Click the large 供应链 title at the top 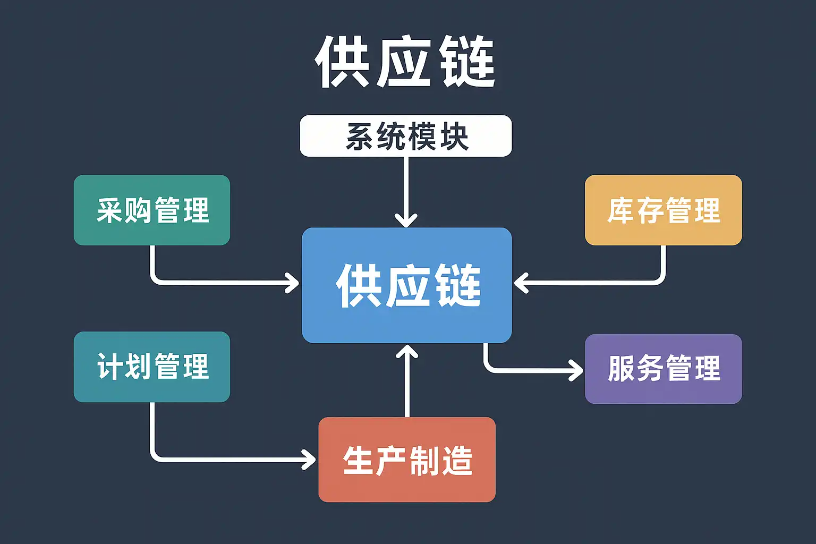point(405,62)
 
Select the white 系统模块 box point(406,136)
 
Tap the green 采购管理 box point(152,210)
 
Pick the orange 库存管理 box point(663,210)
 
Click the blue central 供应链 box point(406,285)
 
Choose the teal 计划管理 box point(152,367)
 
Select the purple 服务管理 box point(663,369)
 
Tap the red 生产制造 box point(407,460)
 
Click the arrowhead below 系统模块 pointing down point(406,219)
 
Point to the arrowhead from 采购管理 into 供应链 point(293,283)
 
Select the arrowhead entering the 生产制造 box point(310,459)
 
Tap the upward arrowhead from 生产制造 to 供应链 point(407,351)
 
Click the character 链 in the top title point(467,62)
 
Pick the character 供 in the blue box point(357,285)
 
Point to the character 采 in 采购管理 point(110,210)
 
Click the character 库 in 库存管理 point(620,210)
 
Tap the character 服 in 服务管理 point(621,369)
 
